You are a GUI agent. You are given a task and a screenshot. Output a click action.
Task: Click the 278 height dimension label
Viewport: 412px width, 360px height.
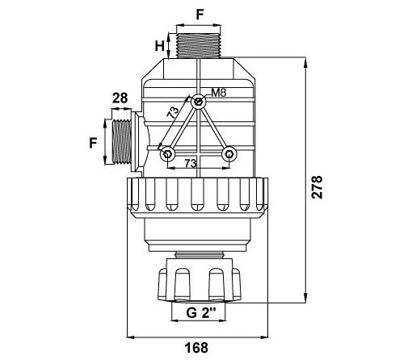pos(317,187)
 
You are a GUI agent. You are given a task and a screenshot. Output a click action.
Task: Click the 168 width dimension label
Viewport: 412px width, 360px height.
pos(196,348)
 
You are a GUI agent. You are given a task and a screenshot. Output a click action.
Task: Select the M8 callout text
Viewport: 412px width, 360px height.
pos(218,93)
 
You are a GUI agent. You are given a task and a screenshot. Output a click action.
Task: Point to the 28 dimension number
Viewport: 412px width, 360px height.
pos(120,98)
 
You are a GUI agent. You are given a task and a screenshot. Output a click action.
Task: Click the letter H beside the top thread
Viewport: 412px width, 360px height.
pos(159,46)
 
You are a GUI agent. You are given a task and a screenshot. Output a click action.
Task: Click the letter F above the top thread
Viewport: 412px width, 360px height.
pos(200,15)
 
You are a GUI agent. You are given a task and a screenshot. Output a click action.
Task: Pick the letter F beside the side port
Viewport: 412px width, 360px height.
pos(93,143)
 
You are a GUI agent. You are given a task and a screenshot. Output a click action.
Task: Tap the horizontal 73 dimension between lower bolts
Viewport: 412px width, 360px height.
pos(191,163)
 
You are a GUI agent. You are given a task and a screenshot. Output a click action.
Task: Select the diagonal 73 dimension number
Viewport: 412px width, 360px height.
pos(173,112)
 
